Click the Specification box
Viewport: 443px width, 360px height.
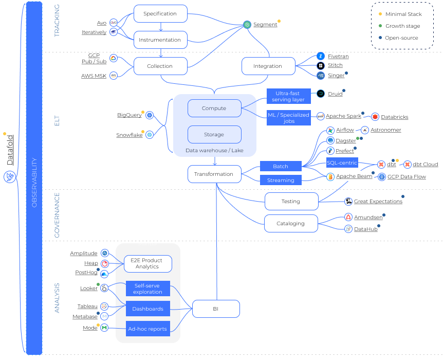click(160, 14)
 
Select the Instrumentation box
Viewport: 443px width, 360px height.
click(160, 40)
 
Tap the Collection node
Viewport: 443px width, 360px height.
click(160, 66)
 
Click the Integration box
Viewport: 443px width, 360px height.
click(268, 66)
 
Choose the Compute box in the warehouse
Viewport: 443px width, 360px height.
click(214, 109)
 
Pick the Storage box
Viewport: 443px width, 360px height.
click(214, 134)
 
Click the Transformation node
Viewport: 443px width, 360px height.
click(214, 174)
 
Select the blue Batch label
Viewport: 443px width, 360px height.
click(281, 166)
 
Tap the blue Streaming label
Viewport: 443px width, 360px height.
click(281, 180)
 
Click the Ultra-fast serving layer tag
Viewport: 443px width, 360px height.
click(289, 96)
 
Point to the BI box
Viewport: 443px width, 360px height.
click(216, 309)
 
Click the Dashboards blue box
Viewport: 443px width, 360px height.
click(147, 309)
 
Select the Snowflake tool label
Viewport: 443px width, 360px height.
click(130, 135)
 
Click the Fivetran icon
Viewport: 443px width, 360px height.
click(321, 56)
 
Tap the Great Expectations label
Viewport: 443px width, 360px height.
click(378, 202)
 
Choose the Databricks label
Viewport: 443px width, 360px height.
click(395, 117)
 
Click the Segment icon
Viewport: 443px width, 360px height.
click(247, 25)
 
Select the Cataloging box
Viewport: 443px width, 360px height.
click(290, 223)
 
